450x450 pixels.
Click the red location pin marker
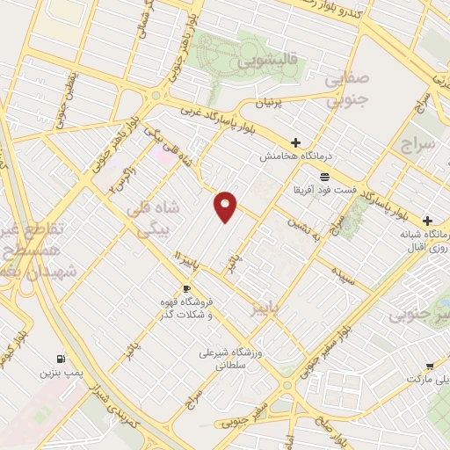click(x=226, y=206)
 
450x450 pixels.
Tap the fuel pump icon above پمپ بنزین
click(x=60, y=358)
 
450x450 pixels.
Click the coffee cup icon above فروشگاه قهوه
click(x=186, y=288)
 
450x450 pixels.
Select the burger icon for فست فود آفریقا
click(x=324, y=176)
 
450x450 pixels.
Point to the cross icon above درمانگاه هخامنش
click(x=295, y=142)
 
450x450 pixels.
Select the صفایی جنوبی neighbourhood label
click(x=346, y=90)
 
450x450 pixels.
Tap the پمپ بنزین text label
click(x=59, y=374)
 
